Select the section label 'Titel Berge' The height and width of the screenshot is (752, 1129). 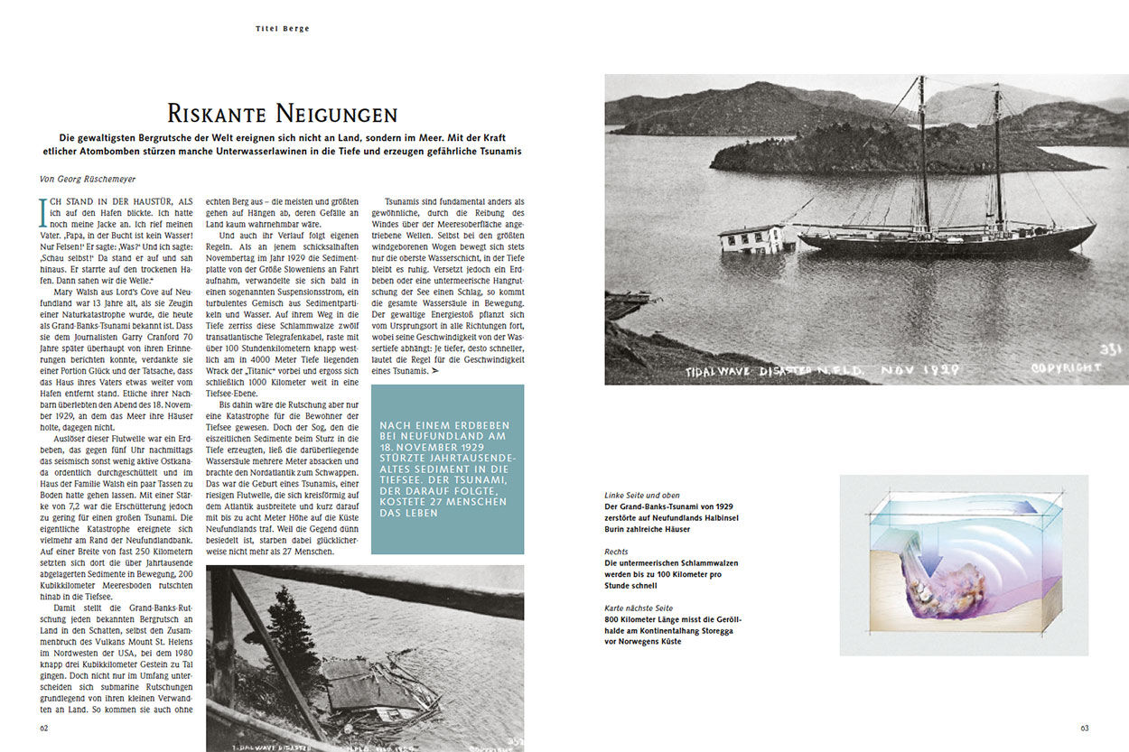pos(282,29)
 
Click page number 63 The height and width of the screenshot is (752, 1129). pos(1085,728)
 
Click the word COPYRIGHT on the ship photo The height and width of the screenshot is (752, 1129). pos(1067,367)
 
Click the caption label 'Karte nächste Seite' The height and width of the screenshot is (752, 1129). pos(639,608)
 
